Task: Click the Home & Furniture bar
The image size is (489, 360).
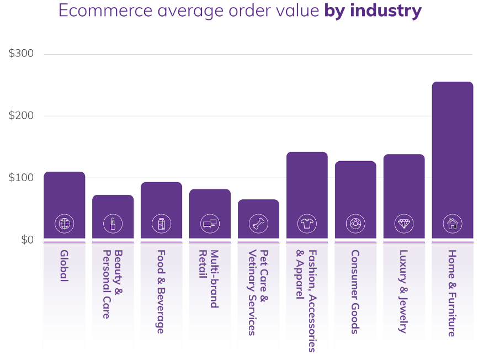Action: tap(453, 160)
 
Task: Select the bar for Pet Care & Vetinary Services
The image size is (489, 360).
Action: tap(258, 219)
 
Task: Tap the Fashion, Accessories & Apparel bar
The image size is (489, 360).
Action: tap(307, 195)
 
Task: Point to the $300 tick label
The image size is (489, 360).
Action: tap(21, 54)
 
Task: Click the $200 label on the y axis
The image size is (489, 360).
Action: tap(21, 115)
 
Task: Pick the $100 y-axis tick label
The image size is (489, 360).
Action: tap(21, 177)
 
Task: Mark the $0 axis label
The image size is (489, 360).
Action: tap(28, 240)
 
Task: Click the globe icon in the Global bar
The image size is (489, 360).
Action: tap(65, 224)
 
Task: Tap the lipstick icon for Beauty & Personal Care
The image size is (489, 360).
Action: tap(113, 224)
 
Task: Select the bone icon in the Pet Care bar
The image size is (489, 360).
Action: tap(258, 224)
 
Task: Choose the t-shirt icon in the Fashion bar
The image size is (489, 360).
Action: tap(307, 224)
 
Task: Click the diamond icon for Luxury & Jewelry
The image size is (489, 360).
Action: tap(404, 224)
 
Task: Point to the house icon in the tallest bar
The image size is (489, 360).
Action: tap(453, 224)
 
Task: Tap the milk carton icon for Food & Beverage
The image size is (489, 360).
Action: tap(162, 224)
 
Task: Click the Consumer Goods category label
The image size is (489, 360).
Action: tap(355, 292)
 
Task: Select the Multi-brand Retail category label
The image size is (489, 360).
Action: tap(208, 279)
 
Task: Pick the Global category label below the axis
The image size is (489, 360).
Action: tap(64, 266)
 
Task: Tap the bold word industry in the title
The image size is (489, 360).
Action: tap(386, 11)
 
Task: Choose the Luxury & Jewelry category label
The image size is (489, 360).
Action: tap(403, 292)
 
